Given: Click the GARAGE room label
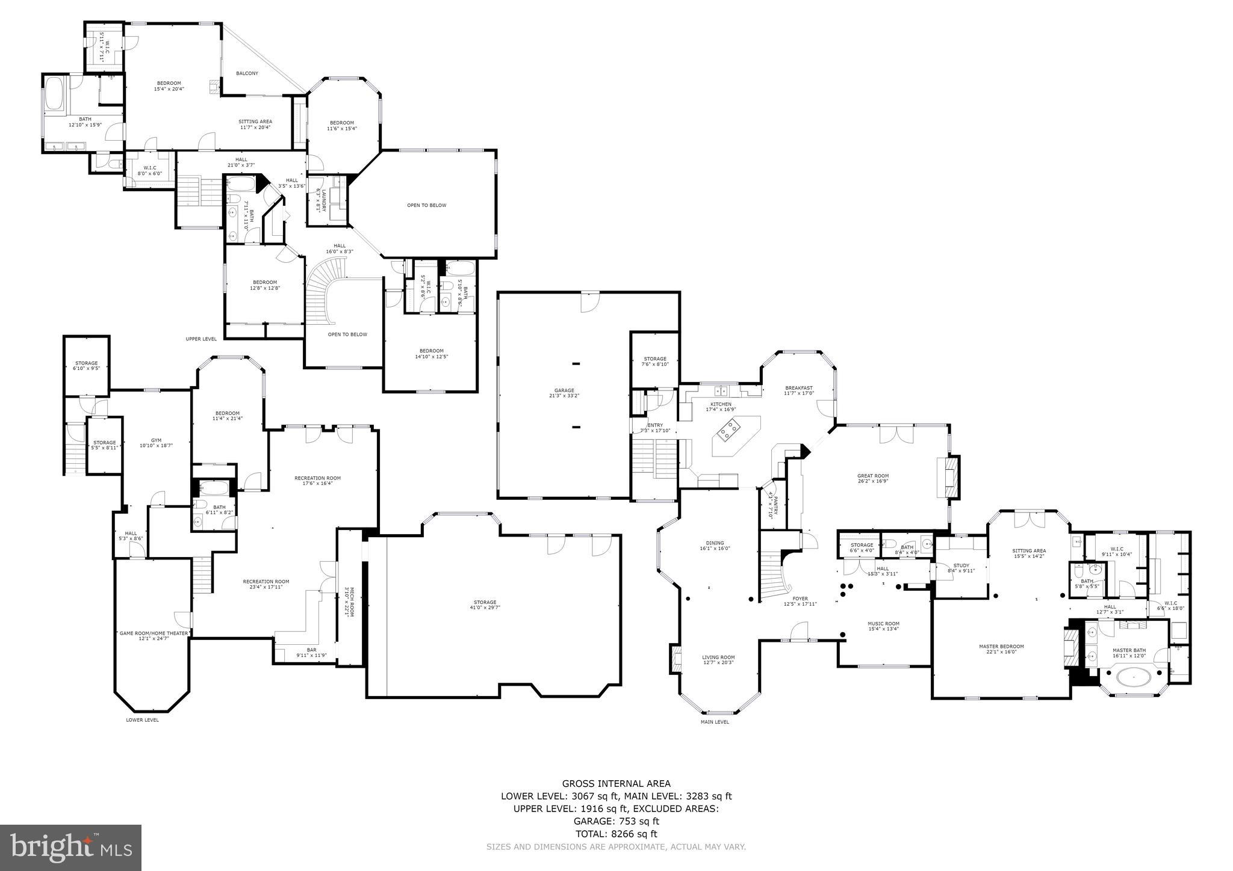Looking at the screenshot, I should [564, 390].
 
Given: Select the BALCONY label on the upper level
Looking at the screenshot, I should [247, 73].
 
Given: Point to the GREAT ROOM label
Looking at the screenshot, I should [872, 476].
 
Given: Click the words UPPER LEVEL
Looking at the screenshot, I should [201, 339].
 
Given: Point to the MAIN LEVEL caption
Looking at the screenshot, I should [715, 722].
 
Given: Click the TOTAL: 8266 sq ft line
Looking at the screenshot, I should [616, 834].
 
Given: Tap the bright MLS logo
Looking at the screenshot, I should [70, 848].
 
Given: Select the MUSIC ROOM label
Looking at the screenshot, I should [883, 623].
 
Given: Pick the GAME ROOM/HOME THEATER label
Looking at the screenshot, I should [154, 633].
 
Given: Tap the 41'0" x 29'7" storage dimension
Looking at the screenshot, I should [485, 608].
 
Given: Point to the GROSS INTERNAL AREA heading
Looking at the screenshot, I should [616, 783].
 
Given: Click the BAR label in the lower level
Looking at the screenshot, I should [311, 650].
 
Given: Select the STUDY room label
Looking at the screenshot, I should [961, 565].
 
